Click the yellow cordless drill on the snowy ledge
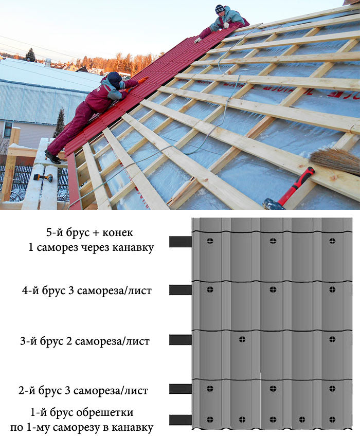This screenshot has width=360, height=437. point(43,177)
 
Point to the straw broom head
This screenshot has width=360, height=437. point(335,161)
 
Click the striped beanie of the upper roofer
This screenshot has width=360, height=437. point(220,8)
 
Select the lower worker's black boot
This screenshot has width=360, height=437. point(52,157)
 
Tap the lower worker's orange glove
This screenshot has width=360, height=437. point(143,80)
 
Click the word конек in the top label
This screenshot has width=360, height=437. point(117,232)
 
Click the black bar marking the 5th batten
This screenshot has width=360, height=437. point(181,242)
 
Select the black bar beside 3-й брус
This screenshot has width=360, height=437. point(181,340)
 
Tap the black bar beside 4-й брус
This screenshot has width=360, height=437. point(181,290)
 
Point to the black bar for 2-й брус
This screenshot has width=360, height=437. point(181,389)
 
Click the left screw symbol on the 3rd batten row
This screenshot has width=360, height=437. point(242,339)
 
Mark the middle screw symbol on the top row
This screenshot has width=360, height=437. point(273,241)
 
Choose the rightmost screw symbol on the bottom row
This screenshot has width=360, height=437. point(332,419)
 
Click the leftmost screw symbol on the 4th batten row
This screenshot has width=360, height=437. point(210,289)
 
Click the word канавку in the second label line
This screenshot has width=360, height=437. point(133,247)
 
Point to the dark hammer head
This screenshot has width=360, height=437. point(272,204)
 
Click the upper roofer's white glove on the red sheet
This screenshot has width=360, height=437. point(197,40)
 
